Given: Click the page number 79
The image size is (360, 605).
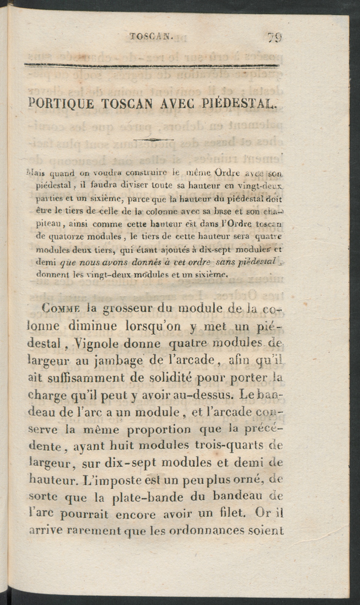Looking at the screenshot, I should pyautogui.click(x=274, y=37).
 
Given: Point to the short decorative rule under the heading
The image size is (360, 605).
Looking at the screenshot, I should pyautogui.click(x=153, y=139).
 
